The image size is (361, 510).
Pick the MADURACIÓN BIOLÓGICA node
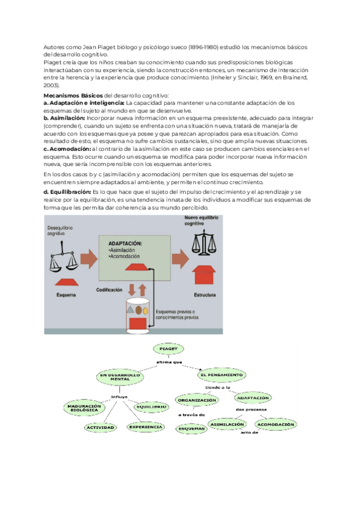point(82,408)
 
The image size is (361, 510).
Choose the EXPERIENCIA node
point(145,427)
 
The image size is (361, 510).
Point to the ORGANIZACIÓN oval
point(196,401)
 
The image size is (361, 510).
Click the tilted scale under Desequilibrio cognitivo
point(64,254)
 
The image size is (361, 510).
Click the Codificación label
point(109,290)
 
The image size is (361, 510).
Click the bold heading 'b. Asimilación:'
point(65,118)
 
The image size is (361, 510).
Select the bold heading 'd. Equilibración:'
point(68,191)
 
